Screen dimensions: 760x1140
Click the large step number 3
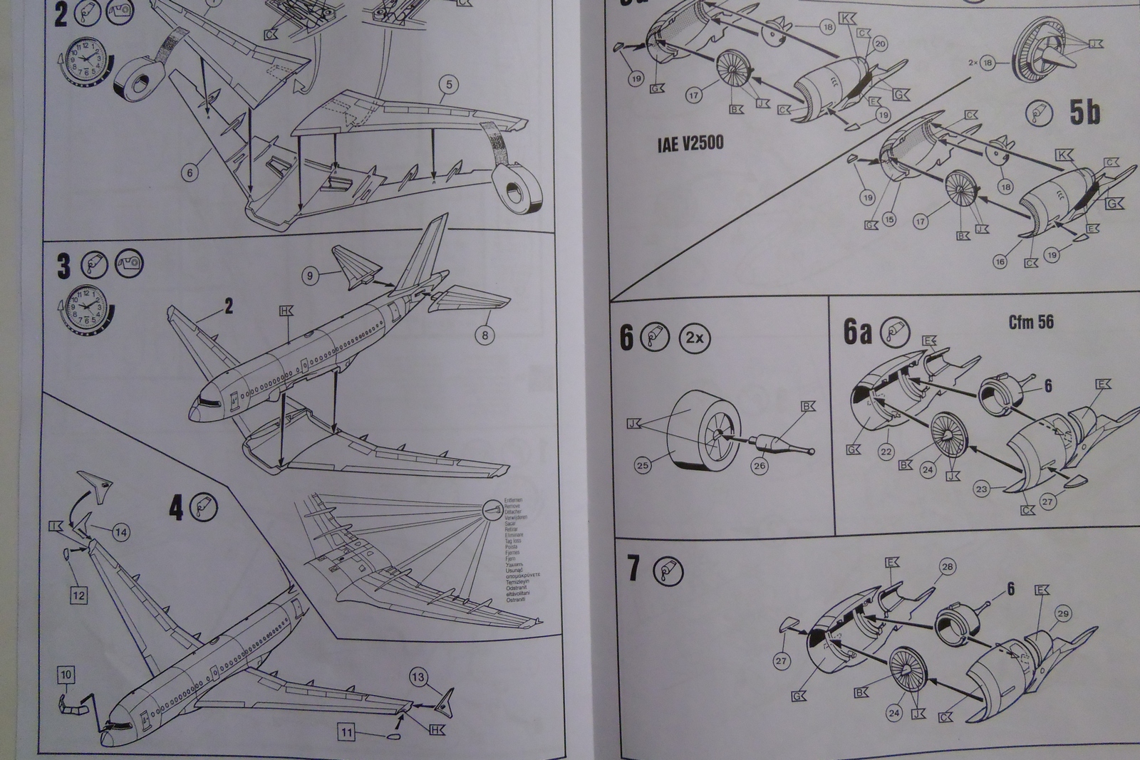coord(64,266)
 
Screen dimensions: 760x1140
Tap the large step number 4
coord(176,509)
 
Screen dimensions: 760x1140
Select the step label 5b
coord(1084,113)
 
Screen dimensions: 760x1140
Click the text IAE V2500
coord(690,143)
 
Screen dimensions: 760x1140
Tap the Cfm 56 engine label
coord(1030,322)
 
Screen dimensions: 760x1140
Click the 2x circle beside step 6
coord(695,338)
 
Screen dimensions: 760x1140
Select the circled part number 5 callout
coord(449,85)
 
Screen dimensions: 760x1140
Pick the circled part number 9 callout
coord(309,275)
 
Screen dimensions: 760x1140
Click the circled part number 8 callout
coord(484,334)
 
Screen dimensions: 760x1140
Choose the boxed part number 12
coord(78,595)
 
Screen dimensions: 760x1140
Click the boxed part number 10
coord(66,675)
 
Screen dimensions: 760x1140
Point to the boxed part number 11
coord(347,732)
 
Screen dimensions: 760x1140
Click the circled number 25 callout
coord(643,467)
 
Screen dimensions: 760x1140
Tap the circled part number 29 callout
coord(1063,613)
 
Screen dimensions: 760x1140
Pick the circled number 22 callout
coord(886,452)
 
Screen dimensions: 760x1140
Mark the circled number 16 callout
coord(1000,261)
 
